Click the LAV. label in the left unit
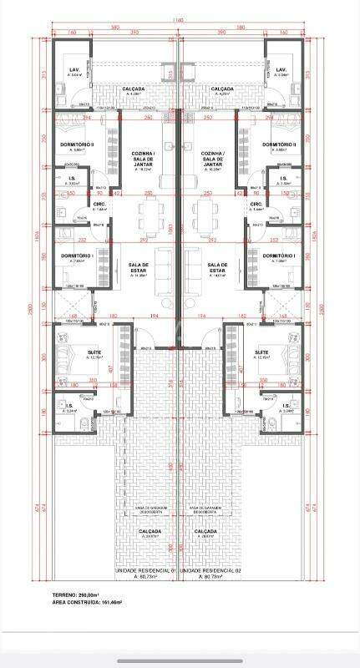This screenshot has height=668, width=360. click(74, 69)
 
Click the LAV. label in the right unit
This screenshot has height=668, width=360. click(281, 69)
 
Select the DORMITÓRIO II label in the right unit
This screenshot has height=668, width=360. click(279, 144)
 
